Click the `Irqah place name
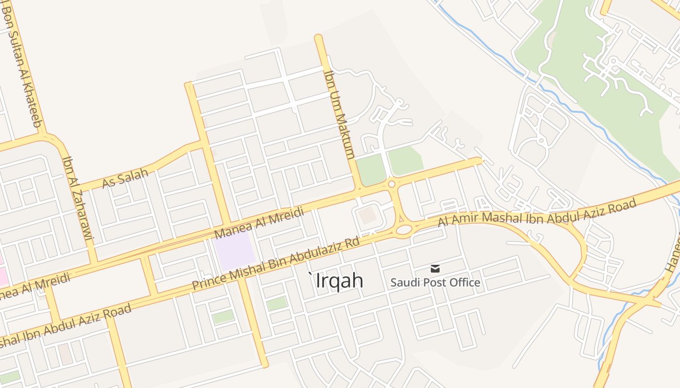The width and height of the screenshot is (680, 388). (337, 280)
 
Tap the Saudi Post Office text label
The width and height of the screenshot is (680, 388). (435, 282)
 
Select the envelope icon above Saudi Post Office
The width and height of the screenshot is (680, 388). (435, 268)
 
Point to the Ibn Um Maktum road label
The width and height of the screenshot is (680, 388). (340, 114)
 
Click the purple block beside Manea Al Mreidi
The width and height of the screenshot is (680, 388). (234, 250)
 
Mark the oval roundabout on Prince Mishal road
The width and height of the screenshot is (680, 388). (403, 229)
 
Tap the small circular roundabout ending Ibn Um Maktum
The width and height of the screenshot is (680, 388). (391, 184)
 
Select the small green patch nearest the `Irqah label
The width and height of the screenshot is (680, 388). (277, 304)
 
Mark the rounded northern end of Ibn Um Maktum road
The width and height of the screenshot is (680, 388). (319, 38)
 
